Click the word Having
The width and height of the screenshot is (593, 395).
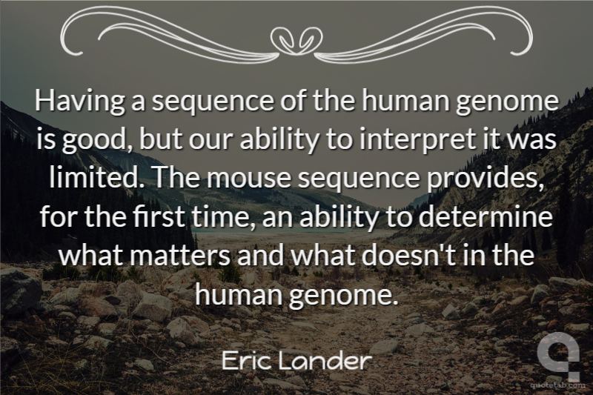[x=80, y=102]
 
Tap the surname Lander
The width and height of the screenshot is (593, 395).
[x=323, y=361]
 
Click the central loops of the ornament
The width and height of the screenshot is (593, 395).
[x=297, y=39]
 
